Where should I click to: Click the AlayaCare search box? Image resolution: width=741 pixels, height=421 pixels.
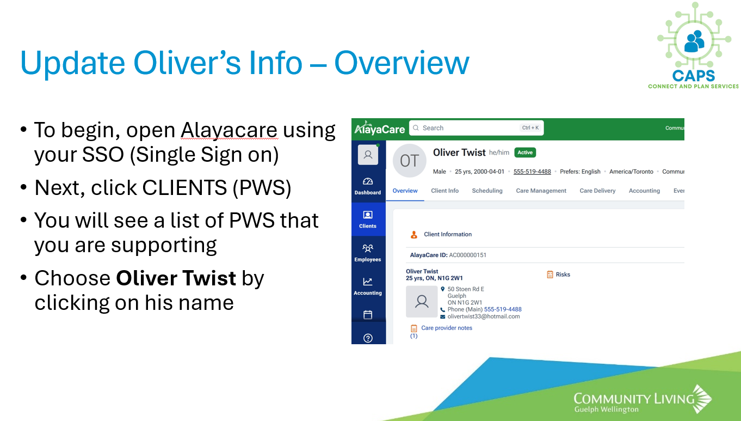click(x=477, y=128)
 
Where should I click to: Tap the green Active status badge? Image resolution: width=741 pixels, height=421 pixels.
click(x=525, y=152)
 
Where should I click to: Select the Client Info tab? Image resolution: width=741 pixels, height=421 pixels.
click(x=444, y=191)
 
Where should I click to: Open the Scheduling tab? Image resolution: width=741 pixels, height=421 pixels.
click(x=487, y=191)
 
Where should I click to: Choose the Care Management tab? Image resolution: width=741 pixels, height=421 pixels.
click(x=541, y=191)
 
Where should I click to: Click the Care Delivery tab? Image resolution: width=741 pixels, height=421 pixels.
click(x=597, y=191)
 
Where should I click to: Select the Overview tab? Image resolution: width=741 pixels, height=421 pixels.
click(x=405, y=191)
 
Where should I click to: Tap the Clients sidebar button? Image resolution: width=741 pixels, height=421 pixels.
click(x=368, y=219)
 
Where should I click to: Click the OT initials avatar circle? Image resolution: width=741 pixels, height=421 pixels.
click(x=410, y=161)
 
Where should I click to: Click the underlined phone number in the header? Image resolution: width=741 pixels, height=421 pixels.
click(x=532, y=172)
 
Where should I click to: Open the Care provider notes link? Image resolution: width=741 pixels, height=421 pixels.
click(x=447, y=328)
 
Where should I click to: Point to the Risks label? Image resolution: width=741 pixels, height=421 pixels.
click(x=563, y=274)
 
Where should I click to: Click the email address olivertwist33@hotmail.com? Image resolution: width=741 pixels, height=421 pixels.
click(x=484, y=316)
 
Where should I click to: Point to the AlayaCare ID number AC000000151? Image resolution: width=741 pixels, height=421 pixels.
click(x=467, y=255)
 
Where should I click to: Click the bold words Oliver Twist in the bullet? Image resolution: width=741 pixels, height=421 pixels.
click(x=176, y=278)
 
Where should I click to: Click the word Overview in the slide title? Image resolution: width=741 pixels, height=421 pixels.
click(x=402, y=63)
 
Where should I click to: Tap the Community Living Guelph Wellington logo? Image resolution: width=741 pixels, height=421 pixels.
click(x=643, y=399)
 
